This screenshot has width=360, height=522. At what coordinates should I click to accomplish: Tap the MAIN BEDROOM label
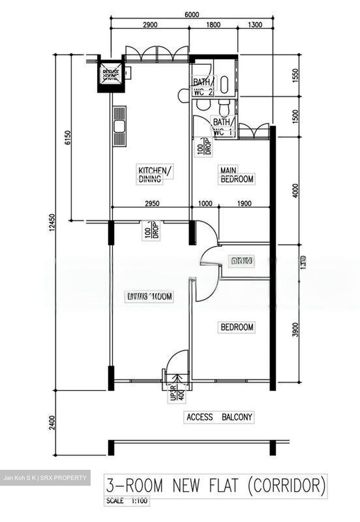click(237, 175)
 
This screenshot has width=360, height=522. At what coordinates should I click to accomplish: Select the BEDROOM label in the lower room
click(237, 327)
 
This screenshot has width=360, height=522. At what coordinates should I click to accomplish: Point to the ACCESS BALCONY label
click(219, 417)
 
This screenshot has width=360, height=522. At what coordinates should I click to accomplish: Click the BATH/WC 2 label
click(203, 87)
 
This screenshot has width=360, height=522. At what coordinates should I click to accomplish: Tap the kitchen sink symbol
click(120, 127)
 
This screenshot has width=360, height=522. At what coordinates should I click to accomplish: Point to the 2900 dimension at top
click(150, 25)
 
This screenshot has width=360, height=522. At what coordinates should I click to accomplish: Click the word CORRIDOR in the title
click(286, 485)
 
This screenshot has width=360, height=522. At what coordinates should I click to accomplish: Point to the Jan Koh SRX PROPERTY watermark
click(45, 478)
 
